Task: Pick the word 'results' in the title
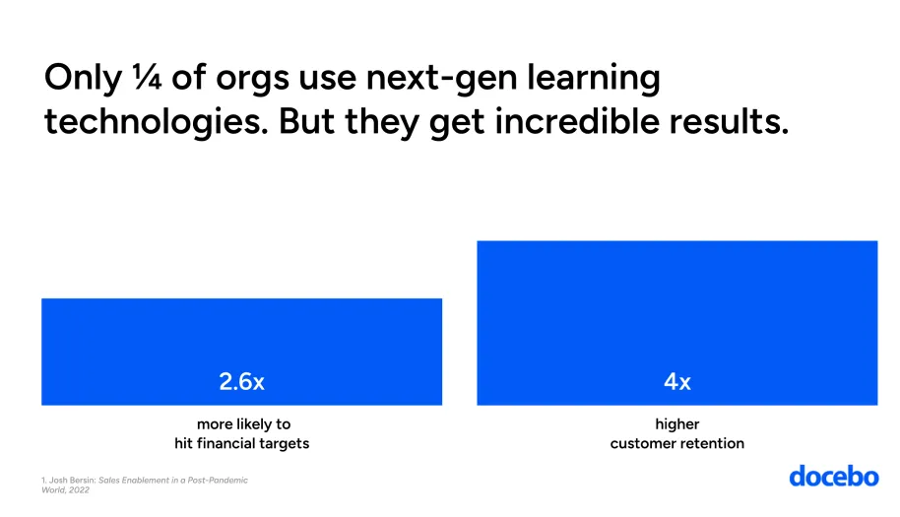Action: [730, 123]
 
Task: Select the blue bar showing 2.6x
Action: [241, 335]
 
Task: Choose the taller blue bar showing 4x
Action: [676, 305]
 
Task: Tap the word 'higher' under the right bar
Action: [676, 425]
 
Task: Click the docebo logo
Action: [833, 477]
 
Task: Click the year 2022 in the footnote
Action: [79, 489]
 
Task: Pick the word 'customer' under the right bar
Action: [642, 444]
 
